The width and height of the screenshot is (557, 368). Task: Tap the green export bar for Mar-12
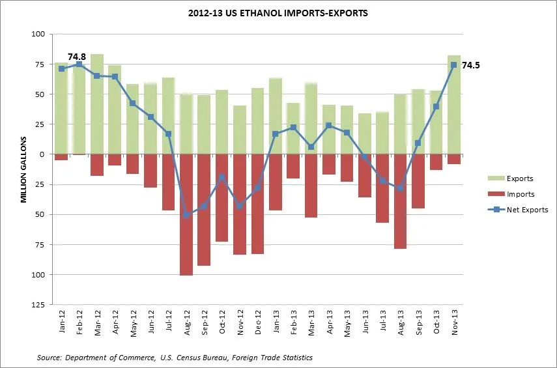tap(97, 104)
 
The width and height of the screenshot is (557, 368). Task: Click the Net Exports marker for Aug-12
tap(186, 214)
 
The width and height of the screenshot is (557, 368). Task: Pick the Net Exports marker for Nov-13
tap(454, 64)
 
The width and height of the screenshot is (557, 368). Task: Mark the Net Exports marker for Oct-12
tap(222, 177)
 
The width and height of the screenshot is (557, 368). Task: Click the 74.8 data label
tap(77, 57)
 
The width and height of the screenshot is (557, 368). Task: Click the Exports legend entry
tap(519, 178)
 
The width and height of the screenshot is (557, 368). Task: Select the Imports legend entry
tap(519, 194)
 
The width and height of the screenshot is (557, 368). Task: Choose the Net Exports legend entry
tap(527, 210)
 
